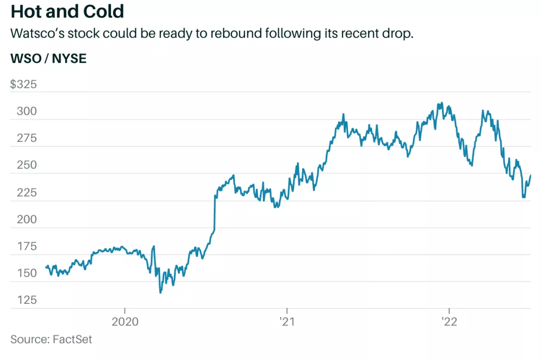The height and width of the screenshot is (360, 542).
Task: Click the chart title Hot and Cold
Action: pos(68,11)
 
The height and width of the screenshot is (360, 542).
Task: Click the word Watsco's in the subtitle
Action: pos(35,35)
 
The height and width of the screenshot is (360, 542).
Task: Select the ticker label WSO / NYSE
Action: pos(48,59)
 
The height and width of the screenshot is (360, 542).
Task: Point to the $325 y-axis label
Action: pos(24,84)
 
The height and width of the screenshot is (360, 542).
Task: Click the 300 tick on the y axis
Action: pos(27,111)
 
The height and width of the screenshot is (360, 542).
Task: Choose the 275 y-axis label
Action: pos(27,138)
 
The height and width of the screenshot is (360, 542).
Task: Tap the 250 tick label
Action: pos(27,165)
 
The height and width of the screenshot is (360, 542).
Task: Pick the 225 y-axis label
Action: pos(27,193)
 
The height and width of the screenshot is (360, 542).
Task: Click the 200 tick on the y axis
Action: pos(27,220)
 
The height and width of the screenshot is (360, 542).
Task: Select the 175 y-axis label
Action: pos(27,247)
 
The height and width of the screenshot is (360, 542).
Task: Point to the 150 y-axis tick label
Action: pos(27,274)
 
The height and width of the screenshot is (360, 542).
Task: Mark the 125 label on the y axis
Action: pos(27,300)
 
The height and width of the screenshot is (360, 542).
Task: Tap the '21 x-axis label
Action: pos(286,322)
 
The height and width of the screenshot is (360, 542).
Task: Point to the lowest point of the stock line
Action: pos(160,292)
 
